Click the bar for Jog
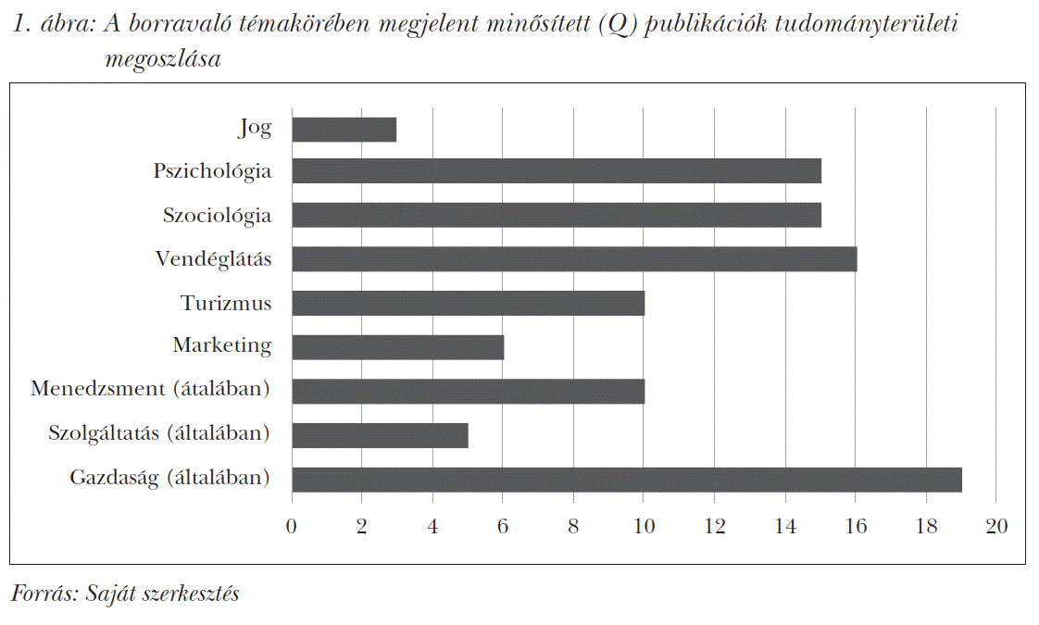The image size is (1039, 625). (344, 130)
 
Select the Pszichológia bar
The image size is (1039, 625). (556, 171)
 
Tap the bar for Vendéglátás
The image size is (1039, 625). (574, 259)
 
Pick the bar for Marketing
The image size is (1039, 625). (397, 346)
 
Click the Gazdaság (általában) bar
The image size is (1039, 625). (626, 480)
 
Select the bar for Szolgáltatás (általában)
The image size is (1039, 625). (380, 435)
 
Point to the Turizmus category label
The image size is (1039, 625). (226, 304)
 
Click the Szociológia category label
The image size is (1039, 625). (217, 216)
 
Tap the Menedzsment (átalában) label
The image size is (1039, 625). (150, 390)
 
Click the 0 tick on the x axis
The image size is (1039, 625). (292, 526)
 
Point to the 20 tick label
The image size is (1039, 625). (995, 526)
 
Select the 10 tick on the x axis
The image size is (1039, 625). (644, 526)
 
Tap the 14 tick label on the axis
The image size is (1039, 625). (784, 526)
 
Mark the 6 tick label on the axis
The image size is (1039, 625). (503, 526)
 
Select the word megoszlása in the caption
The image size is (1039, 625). (163, 60)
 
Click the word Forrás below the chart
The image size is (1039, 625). (43, 594)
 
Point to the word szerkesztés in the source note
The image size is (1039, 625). (191, 594)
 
